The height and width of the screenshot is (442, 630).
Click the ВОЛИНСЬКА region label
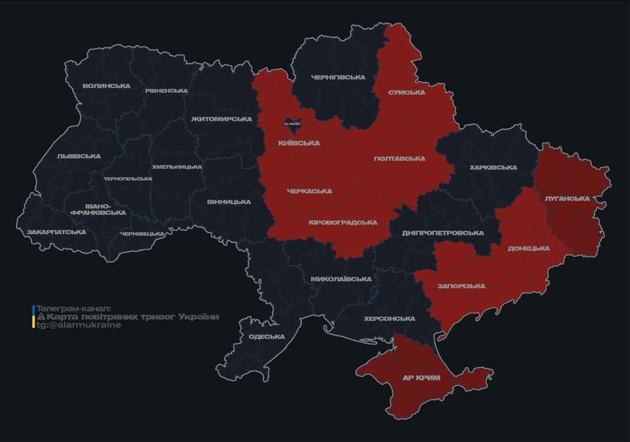point(107,86)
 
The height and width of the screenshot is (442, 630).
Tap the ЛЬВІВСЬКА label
point(79,156)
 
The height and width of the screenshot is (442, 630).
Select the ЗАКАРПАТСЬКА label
point(56,232)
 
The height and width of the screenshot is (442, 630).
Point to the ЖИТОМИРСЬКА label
point(222,119)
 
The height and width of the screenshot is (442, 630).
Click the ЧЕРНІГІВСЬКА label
point(338,77)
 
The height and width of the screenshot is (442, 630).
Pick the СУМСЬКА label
point(407,92)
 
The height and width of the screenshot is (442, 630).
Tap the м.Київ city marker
point(292,124)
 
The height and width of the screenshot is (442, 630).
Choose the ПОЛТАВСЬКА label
point(400,158)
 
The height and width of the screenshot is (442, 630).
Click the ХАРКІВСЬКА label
point(493,167)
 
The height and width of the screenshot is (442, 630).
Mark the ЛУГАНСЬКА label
point(567,198)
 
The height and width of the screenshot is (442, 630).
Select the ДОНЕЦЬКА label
point(529,248)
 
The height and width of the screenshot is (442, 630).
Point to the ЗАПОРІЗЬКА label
point(461,285)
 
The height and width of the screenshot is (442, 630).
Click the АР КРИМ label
point(421,378)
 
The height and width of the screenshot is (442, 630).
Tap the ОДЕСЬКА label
point(267,337)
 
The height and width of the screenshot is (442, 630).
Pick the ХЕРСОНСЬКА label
point(389,318)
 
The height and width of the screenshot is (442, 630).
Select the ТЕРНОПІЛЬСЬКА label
point(128,178)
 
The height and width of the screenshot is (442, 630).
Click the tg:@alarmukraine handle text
point(79,325)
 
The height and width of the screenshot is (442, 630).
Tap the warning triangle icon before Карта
point(41,317)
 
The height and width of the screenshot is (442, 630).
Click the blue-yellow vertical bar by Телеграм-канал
point(33,317)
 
